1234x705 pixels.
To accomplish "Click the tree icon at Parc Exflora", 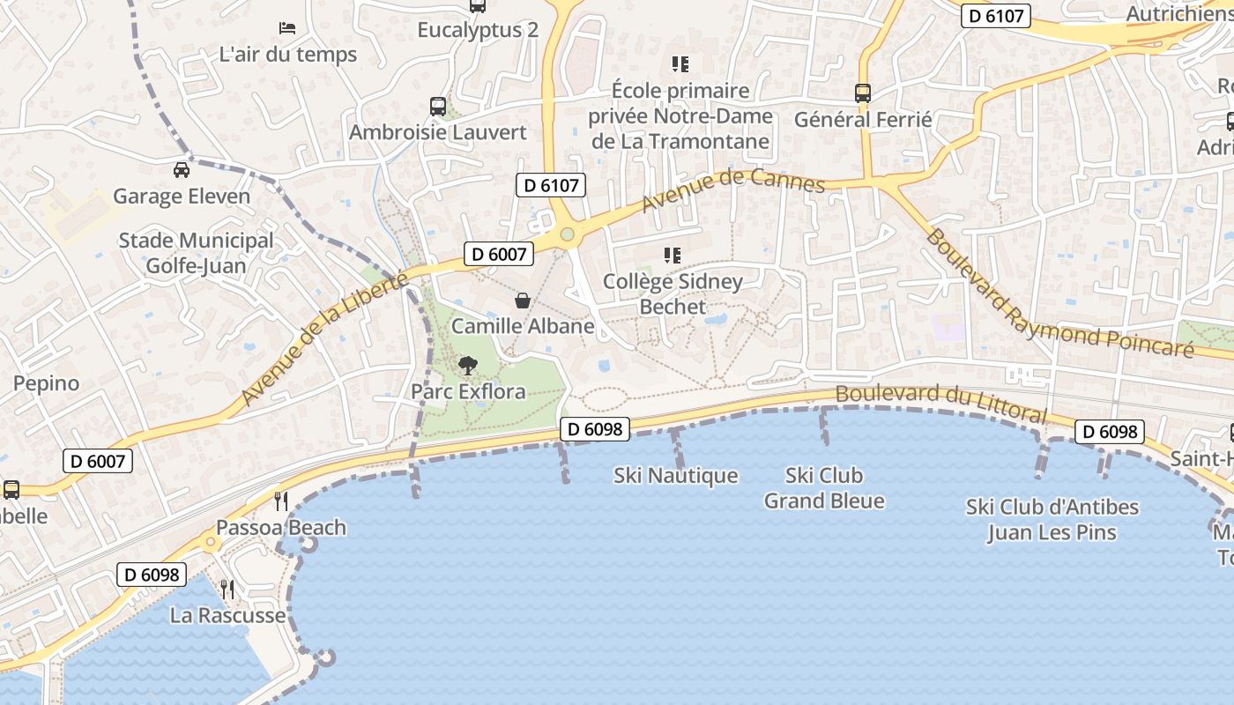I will click(x=468, y=365).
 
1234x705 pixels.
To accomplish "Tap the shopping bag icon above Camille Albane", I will click(x=523, y=301).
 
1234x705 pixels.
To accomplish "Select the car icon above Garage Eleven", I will click(x=182, y=170).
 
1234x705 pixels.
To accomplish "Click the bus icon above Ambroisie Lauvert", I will click(x=438, y=107).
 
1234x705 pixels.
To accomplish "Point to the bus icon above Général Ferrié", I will click(x=863, y=93).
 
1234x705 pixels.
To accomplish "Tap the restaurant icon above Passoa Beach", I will click(x=281, y=501).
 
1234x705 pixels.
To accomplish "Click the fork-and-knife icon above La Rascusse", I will click(x=227, y=589).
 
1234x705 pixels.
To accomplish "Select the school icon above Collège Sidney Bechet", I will click(x=673, y=256).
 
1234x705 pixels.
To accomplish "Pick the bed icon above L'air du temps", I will click(x=287, y=28).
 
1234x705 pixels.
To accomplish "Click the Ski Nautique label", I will click(x=675, y=476).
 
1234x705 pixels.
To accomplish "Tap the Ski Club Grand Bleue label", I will click(x=823, y=488).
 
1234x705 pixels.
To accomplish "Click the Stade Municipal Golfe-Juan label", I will click(x=196, y=253).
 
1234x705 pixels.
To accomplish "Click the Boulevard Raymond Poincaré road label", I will click(x=1058, y=295).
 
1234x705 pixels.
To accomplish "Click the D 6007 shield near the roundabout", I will click(x=499, y=255).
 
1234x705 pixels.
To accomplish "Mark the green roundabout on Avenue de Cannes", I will click(x=567, y=234).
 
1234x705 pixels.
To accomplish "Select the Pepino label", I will click(x=46, y=383).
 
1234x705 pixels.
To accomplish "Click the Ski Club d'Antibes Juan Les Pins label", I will click(x=1052, y=520).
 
